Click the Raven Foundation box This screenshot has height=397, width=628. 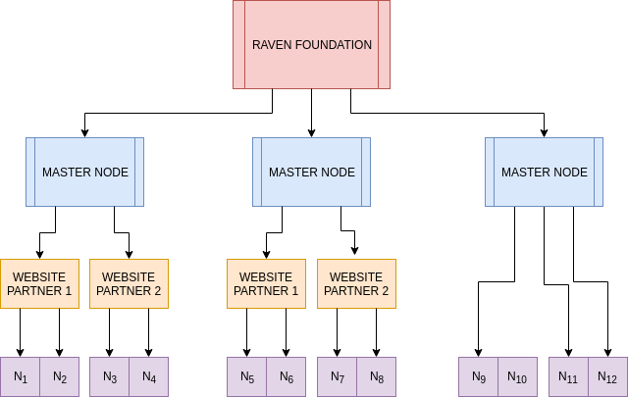click(x=312, y=45)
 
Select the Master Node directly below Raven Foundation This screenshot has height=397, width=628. click(x=312, y=172)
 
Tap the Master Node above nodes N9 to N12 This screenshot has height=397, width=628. click(x=545, y=172)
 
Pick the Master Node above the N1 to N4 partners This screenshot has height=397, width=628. click(x=85, y=172)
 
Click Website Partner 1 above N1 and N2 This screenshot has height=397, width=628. click(x=39, y=283)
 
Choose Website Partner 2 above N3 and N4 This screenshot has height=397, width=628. click(x=129, y=283)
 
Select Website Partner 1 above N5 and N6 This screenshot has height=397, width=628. click(x=266, y=283)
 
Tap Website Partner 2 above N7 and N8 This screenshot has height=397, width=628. click(x=356, y=283)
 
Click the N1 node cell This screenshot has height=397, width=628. click(x=21, y=376)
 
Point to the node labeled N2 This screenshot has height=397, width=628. click(x=60, y=376)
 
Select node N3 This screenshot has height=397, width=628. click(x=110, y=376)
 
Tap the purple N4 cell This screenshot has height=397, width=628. click(x=149, y=376)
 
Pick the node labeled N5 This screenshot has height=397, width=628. click(x=247, y=376)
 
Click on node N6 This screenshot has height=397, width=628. click(x=287, y=376)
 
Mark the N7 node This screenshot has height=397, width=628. click(x=338, y=376)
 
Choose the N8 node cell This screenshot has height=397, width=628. click(x=377, y=376)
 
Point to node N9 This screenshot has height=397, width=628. click(x=479, y=376)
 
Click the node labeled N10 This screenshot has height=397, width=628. click(x=518, y=376)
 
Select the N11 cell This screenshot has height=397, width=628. click(x=568, y=376)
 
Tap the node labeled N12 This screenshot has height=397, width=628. click(x=607, y=376)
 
